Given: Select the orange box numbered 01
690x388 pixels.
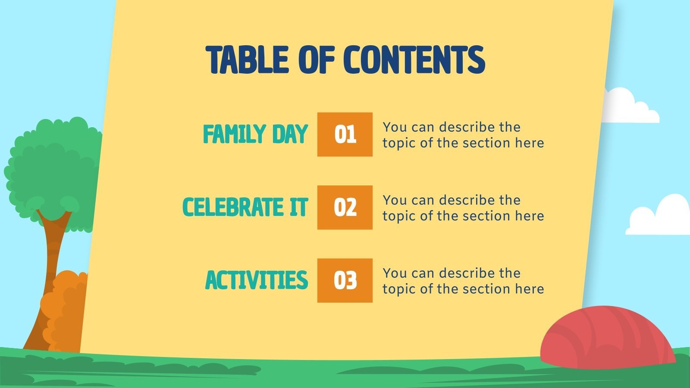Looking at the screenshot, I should point(345,134).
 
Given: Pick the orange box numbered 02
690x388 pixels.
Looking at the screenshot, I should point(345,207).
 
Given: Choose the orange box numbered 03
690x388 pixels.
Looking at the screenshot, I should point(345,280).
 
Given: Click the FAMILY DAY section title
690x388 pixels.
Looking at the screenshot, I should point(255,134).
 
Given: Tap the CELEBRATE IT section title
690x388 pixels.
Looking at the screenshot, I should point(245,207).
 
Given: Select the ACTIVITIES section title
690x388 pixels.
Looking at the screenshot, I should point(256,280).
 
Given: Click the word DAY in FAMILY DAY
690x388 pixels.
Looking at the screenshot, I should point(290,134).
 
